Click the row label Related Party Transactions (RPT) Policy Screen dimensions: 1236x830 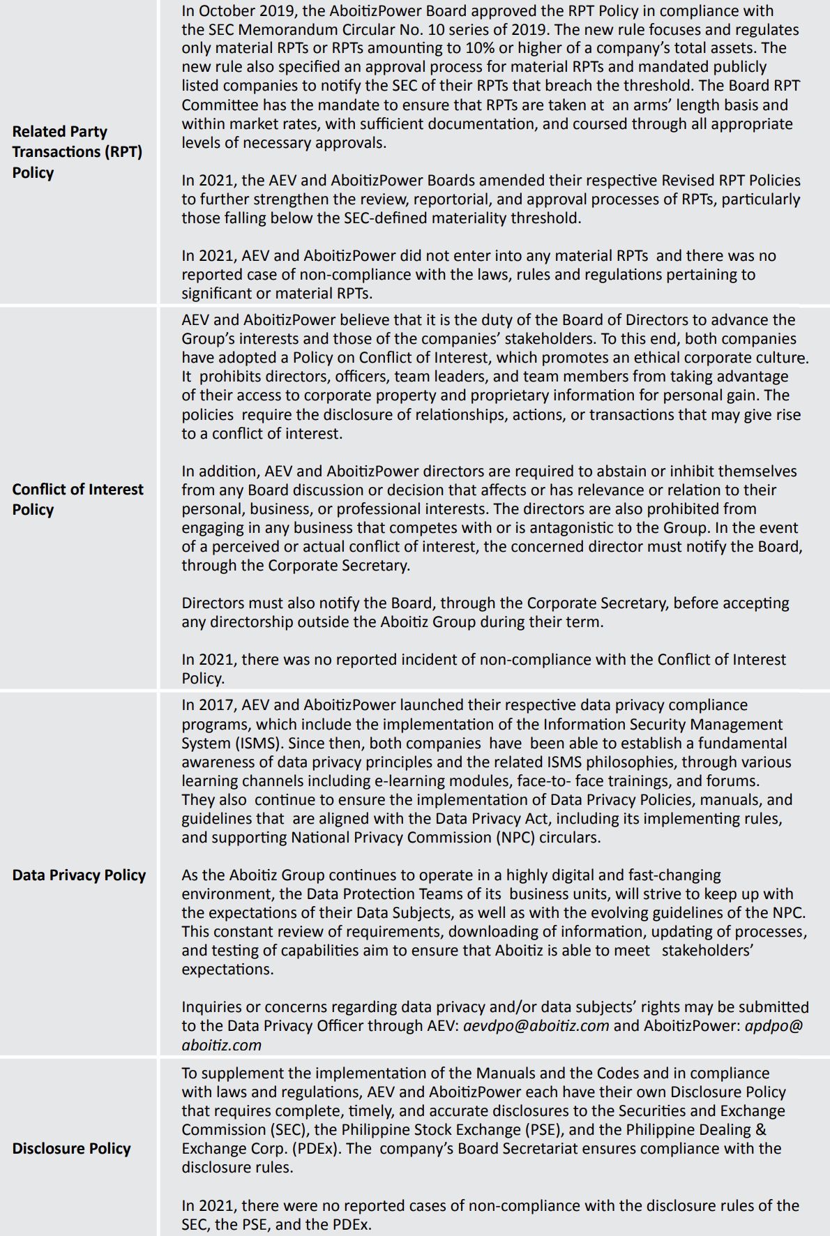click(77, 151)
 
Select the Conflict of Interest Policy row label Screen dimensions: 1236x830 click(77, 499)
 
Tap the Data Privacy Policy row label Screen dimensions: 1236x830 click(79, 875)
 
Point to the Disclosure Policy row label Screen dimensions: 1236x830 click(71, 1148)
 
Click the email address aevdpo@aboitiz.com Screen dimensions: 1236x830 click(536, 1025)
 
